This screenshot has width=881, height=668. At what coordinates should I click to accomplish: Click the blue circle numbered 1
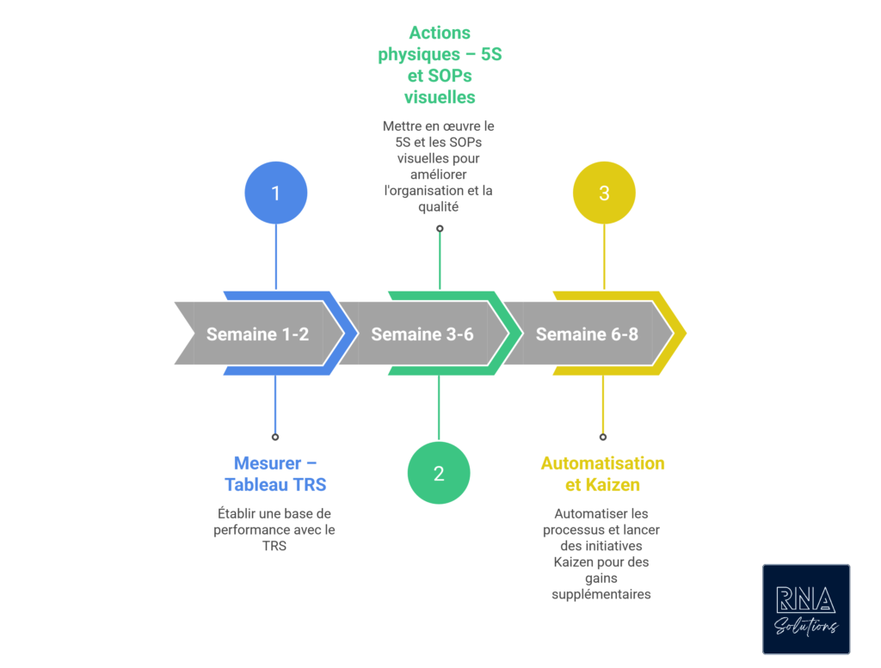(x=275, y=193)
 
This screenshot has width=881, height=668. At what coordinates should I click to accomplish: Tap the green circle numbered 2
(x=439, y=473)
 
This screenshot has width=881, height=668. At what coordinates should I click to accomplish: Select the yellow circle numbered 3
(x=604, y=193)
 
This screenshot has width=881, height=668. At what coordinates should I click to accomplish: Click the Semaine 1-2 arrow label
(x=257, y=334)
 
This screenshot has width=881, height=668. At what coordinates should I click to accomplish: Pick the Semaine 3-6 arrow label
(x=422, y=334)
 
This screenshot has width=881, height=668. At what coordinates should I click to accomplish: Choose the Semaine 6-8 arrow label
(x=587, y=334)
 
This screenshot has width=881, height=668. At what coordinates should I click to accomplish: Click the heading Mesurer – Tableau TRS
(x=275, y=474)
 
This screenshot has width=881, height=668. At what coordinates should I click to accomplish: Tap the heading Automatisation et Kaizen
(x=602, y=474)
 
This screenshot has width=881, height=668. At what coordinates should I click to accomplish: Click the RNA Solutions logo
(x=806, y=609)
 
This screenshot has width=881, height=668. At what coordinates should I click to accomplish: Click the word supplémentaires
(x=601, y=594)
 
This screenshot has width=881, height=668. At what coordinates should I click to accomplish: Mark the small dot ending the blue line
(x=275, y=437)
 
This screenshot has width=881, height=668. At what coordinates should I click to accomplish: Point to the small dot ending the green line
(x=440, y=229)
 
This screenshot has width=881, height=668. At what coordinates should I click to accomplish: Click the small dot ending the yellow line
(x=603, y=437)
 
